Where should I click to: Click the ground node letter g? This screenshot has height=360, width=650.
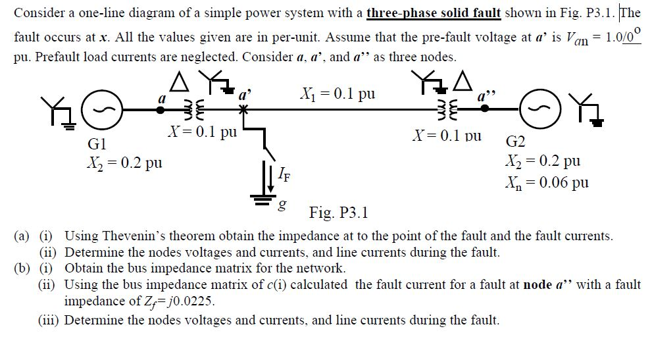tap(283, 207)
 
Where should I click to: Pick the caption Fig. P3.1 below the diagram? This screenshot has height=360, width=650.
tap(338, 213)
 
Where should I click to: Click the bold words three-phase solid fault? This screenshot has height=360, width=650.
tap(434, 13)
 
